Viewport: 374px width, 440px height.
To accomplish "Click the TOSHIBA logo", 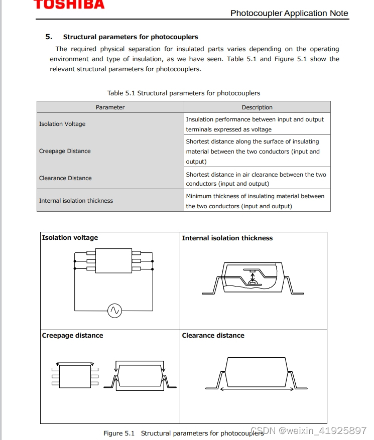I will click(69, 5).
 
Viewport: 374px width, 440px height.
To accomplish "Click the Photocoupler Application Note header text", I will click(289, 14).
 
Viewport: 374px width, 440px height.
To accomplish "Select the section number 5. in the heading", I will click(49, 37).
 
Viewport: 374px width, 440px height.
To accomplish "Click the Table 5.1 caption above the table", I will click(184, 93).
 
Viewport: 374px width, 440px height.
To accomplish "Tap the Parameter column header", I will click(110, 107).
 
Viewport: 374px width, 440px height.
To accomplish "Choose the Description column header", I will click(257, 107).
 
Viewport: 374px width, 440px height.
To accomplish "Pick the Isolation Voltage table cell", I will click(63, 124).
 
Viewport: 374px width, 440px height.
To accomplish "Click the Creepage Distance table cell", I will click(65, 151).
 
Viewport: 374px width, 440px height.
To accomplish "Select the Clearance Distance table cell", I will click(65, 178).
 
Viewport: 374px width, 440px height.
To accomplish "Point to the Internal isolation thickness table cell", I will click(76, 201).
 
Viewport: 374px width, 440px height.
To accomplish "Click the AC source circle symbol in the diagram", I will click(114, 311).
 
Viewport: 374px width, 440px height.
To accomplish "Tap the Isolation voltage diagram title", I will click(70, 238).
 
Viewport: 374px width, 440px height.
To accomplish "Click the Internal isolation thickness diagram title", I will click(227, 238).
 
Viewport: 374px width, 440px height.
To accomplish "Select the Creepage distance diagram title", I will click(72, 336).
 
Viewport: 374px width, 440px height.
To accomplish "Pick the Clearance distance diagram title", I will click(213, 336).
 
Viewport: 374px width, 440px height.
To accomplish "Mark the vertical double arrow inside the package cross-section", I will click(253, 276).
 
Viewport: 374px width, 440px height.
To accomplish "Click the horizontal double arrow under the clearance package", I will click(256, 388).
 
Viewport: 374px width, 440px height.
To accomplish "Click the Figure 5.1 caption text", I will click(183, 433).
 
